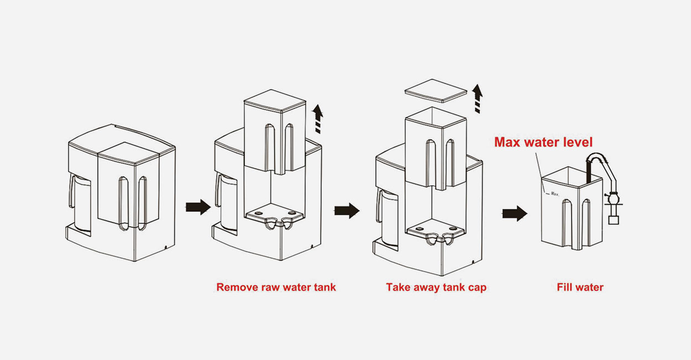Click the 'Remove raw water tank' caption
coord(276,287)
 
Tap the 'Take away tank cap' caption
coord(436,287)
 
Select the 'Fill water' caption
coord(580,287)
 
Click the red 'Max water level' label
coord(543,142)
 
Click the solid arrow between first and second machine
coord(197,207)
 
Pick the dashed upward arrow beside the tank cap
coord(478,99)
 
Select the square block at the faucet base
coord(613,220)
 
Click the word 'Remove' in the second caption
coord(235,287)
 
